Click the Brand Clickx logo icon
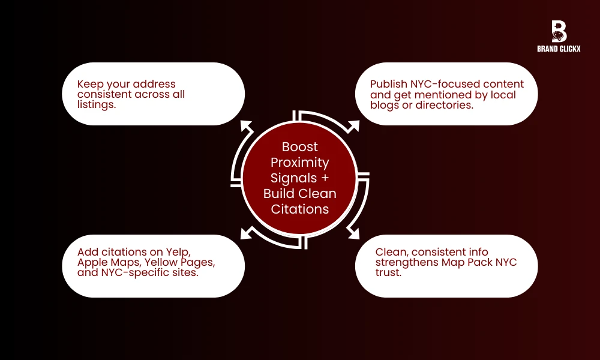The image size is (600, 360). (559, 31)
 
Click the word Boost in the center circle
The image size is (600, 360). (300, 147)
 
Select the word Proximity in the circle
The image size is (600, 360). (300, 163)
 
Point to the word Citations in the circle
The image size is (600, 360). (300, 209)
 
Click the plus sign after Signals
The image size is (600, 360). (324, 178)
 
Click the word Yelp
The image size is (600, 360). (178, 253)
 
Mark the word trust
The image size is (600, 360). (388, 273)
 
